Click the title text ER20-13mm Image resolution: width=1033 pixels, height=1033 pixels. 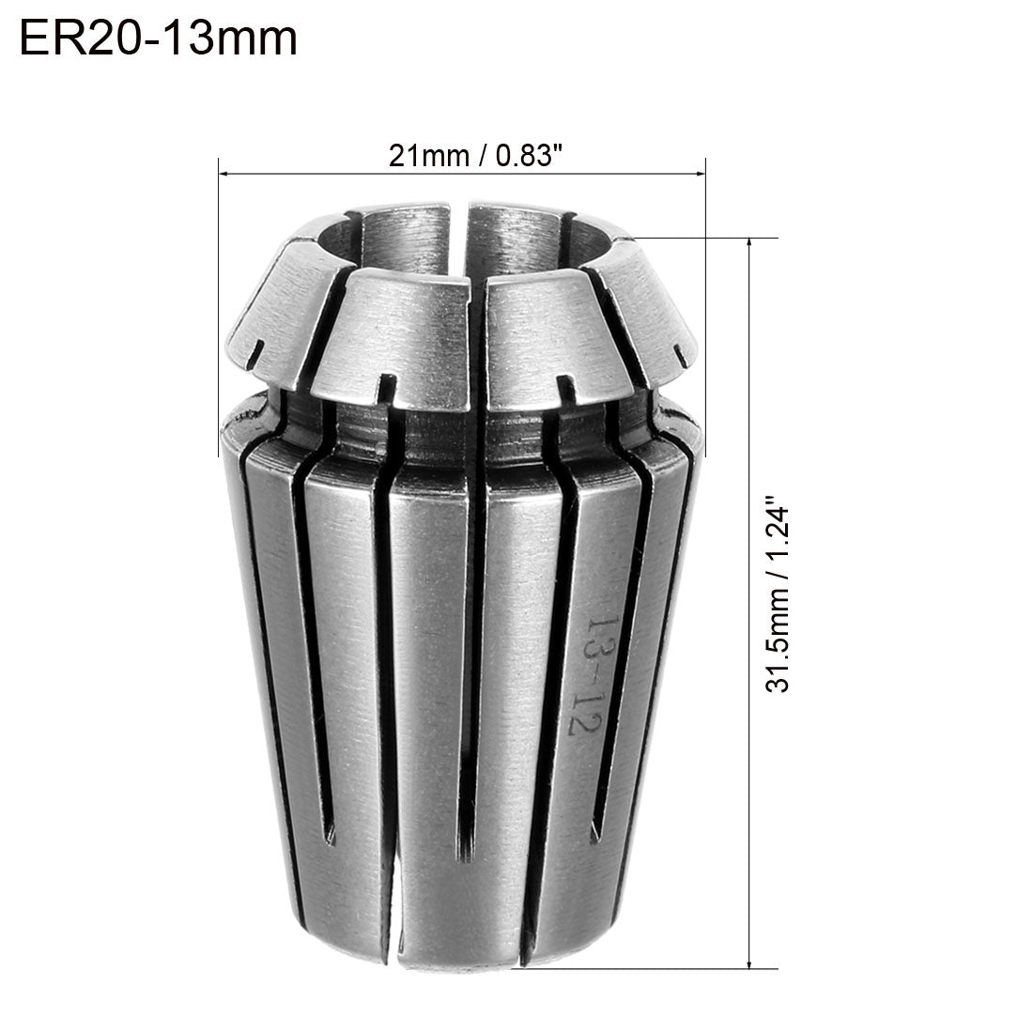point(158,39)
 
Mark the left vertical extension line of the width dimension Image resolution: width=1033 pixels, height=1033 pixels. point(219,282)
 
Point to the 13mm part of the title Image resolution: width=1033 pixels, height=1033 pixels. point(239,39)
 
